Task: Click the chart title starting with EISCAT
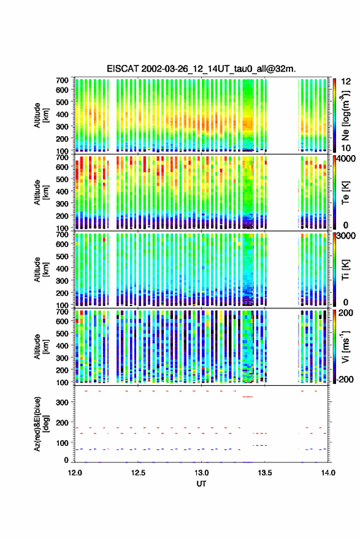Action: tap(201, 69)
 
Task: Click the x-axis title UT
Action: tap(202, 484)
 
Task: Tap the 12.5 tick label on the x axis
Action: tap(138, 473)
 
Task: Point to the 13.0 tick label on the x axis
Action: tap(202, 473)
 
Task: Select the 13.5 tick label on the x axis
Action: tap(265, 473)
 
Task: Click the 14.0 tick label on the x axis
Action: tap(328, 473)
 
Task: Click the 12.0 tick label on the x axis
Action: tap(75, 473)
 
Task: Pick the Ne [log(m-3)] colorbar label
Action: tap(346, 115)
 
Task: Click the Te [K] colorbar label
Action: tap(346, 193)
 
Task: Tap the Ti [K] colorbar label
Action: tap(346, 270)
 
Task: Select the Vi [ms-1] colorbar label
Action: tap(346, 346)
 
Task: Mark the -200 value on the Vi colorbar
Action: tap(345, 380)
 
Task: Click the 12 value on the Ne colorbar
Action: tap(347, 82)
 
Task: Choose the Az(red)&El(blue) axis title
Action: tap(42, 424)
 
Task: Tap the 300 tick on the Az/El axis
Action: tap(63, 402)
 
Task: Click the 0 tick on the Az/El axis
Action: tap(67, 460)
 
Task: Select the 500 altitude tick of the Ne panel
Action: tap(62, 102)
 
